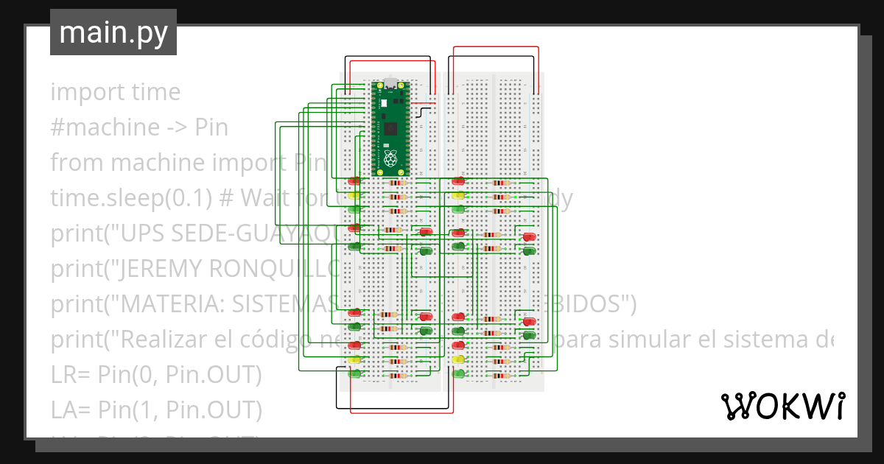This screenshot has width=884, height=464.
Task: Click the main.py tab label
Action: [113, 33]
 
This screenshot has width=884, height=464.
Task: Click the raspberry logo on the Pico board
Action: [390, 157]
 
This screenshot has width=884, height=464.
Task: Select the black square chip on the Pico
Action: [390, 129]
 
